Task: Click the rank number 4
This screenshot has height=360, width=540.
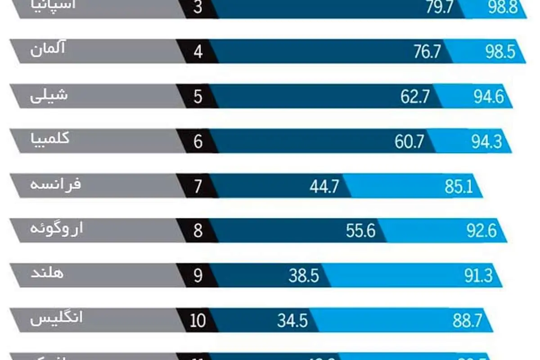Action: coord(198,52)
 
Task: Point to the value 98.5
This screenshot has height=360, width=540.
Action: coord(500,52)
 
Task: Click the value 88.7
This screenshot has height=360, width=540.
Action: coord(468,321)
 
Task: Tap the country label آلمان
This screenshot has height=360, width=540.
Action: coord(48,49)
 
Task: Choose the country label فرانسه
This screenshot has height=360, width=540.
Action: coord(55,184)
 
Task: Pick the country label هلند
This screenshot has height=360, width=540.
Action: coord(47,273)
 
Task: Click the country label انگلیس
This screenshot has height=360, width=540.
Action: coord(57,319)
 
